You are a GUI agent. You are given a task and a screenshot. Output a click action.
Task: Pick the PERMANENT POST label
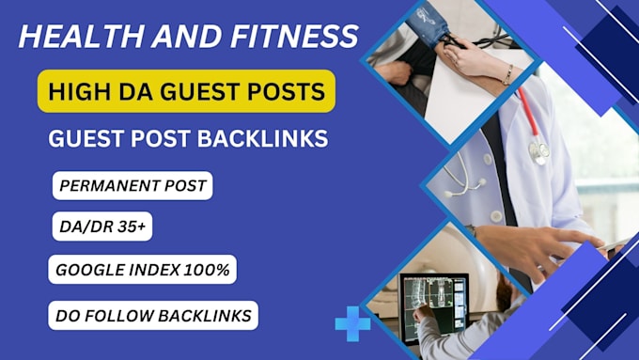click(132, 185)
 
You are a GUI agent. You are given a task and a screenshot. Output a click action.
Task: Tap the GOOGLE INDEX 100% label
click(142, 270)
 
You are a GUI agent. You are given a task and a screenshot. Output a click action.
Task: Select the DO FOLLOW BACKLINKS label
click(153, 314)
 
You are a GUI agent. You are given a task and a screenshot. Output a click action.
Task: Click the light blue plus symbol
click(352, 322)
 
